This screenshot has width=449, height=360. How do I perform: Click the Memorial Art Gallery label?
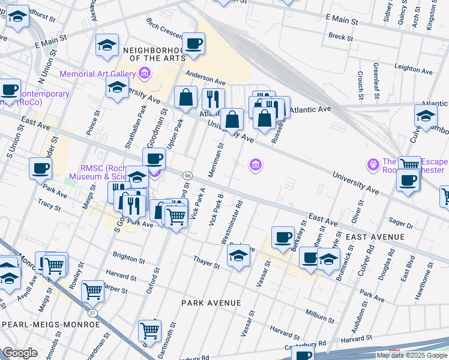(x=97, y=74)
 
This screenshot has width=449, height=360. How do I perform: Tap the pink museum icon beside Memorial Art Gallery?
(x=144, y=74)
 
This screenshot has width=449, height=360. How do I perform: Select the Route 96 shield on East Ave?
(x=188, y=175)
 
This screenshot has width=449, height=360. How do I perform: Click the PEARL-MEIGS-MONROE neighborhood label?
(x=51, y=324)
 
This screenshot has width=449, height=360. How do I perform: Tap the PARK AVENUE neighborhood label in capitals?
(x=211, y=303)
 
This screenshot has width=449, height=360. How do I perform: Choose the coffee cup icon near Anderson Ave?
(x=194, y=44)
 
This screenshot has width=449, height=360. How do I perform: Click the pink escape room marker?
(x=373, y=163)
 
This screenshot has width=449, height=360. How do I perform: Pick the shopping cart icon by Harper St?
(x=92, y=292)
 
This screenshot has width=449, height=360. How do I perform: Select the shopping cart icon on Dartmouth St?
(x=149, y=331)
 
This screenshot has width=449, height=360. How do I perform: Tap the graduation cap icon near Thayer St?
(x=238, y=256)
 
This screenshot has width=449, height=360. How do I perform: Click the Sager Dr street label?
(x=402, y=223)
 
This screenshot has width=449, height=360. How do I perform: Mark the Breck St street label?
(x=340, y=37)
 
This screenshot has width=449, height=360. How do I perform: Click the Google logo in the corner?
(x=20, y=353)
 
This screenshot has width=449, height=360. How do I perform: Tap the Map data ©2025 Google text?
(x=412, y=355)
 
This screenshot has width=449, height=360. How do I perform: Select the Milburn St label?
(x=318, y=315)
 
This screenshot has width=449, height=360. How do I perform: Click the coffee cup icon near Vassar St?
(x=282, y=236)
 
